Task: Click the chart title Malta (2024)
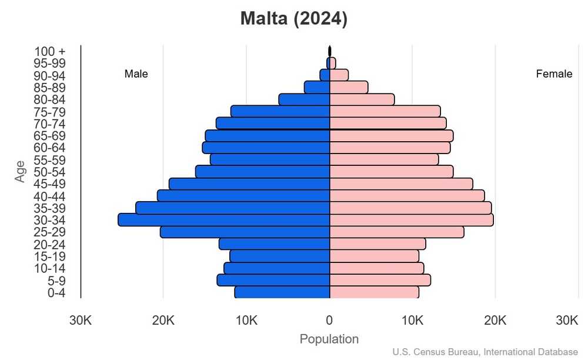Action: (293, 19)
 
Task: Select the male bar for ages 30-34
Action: (223, 220)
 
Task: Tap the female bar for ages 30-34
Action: (411, 220)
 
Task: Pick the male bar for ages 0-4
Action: (282, 292)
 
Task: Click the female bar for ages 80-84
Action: (362, 99)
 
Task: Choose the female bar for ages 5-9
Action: (380, 280)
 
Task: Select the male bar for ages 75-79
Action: (280, 112)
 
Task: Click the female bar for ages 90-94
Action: (339, 75)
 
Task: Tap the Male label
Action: (136, 74)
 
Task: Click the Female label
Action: (554, 74)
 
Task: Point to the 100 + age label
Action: (49, 51)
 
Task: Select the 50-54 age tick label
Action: (49, 172)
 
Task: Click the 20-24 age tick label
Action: (49, 245)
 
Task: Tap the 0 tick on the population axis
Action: (329, 321)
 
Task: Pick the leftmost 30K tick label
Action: (80, 321)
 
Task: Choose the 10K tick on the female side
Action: (412, 321)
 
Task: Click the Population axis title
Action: (329, 339)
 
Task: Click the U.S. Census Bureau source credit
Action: (485, 352)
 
